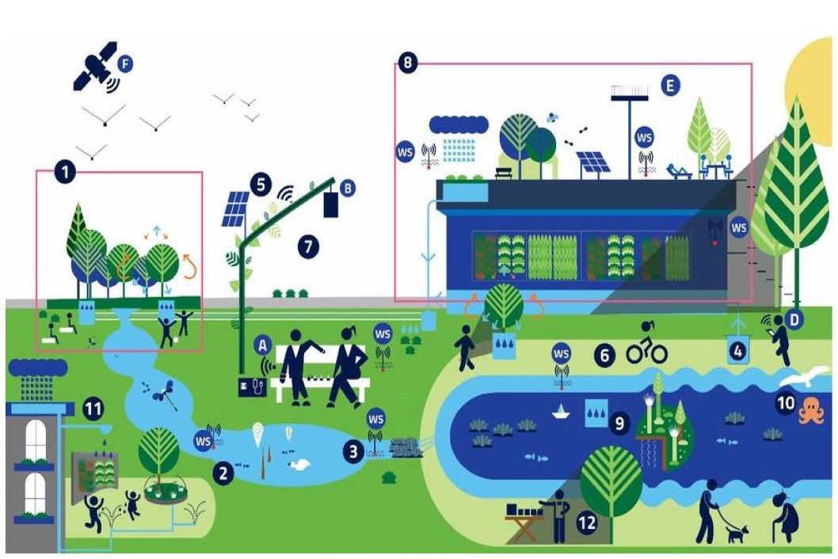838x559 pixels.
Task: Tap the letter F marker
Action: click(124, 63)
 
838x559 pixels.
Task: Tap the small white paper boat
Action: click(562, 410)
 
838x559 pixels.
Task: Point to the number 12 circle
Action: click(587, 523)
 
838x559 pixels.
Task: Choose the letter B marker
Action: click(347, 188)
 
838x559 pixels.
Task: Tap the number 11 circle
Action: click(93, 409)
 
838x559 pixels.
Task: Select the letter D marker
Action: click(796, 318)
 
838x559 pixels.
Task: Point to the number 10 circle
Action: click(786, 403)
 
